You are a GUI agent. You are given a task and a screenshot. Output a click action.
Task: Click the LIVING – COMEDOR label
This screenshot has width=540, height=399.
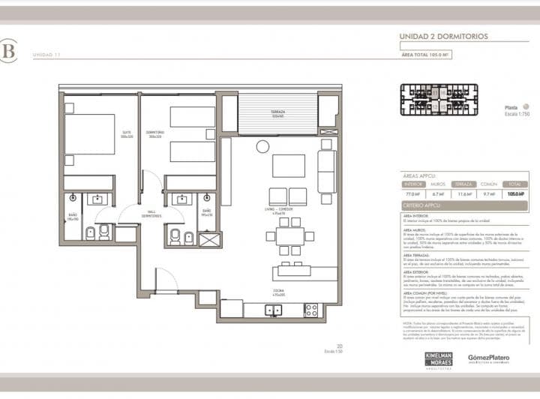(x=278, y=212)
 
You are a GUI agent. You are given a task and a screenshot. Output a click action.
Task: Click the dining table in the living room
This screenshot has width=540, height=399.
(x=289, y=236)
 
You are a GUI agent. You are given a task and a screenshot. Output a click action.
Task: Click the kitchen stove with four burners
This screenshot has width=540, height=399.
(x=310, y=309)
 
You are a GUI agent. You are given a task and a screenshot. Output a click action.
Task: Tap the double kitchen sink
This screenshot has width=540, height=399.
(x=274, y=309)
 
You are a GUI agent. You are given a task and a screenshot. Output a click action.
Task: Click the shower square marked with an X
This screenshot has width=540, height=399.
(x=209, y=240)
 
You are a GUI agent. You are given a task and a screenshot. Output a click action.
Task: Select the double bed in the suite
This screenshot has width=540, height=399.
(x=90, y=134)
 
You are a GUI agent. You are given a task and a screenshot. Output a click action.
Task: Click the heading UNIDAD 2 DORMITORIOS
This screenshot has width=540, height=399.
(x=443, y=37)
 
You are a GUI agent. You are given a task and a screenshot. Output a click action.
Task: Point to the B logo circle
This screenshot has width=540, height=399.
(x=8, y=51)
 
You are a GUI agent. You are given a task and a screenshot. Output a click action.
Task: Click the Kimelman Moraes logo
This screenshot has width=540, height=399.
(x=438, y=358)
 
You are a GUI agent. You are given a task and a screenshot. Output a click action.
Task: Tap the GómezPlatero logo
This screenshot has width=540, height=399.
(x=488, y=358)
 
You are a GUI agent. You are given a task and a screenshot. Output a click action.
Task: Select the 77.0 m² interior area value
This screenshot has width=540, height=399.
(x=413, y=193)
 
